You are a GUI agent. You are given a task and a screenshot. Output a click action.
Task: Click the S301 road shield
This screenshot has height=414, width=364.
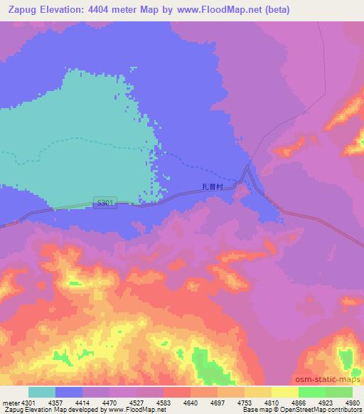pyautogui.click(x=104, y=203)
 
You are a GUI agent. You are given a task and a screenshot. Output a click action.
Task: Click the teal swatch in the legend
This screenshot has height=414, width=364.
pyautogui.click(x=42, y=391)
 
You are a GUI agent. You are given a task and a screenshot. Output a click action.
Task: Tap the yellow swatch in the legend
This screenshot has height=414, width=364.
pyautogui.click(x=285, y=391)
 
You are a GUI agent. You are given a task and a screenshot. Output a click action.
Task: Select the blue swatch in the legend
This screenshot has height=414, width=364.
pyautogui.click(x=69, y=391)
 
